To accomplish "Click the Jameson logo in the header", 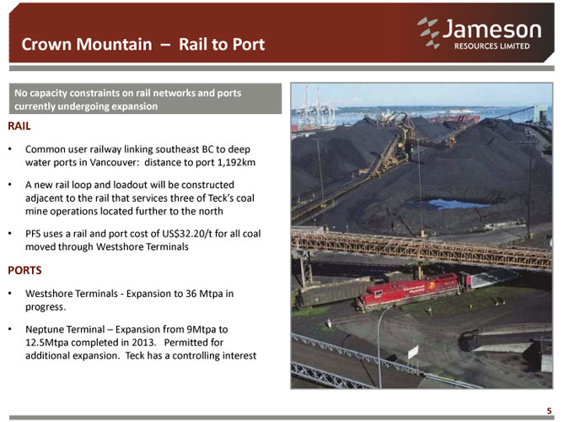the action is (480, 33).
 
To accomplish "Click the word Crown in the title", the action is (47, 44).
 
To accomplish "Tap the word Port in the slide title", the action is (249, 44).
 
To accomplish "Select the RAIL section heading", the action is (19, 126).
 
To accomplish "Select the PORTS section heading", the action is (24, 270).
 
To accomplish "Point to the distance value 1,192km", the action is (237, 162).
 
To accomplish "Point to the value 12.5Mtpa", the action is (46, 343).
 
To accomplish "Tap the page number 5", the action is (549, 411).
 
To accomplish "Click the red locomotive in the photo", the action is (408, 291).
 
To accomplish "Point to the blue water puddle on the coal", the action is (454, 203).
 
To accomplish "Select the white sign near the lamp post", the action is (413, 352).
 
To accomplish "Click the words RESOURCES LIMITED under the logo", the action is (491, 46).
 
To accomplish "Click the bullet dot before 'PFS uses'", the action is (11, 234).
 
